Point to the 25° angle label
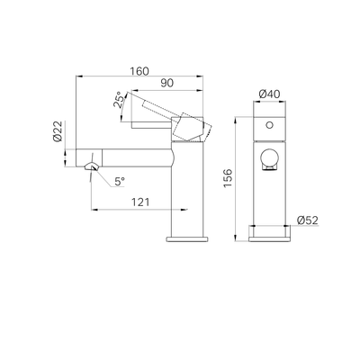tap(117, 101)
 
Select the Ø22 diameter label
tap(56, 135)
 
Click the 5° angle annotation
tap(119, 182)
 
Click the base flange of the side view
tap(189, 239)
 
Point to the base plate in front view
tap(267, 235)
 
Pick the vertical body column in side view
tap(189, 193)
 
